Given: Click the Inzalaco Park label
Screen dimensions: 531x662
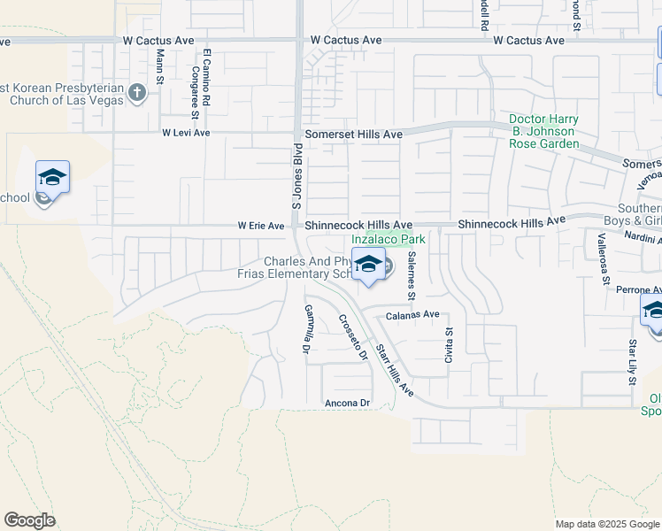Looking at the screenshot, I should [x=389, y=239].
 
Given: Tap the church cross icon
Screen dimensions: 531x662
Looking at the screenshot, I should [x=136, y=92].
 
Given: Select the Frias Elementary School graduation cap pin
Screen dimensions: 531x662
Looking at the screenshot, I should [x=368, y=264].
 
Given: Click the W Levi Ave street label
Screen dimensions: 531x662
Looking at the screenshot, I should [x=186, y=133].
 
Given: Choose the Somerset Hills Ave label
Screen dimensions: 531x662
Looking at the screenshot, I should [x=354, y=135].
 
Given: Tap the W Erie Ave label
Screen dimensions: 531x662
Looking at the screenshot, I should [x=260, y=227].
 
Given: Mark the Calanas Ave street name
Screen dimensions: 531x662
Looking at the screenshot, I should [x=412, y=314].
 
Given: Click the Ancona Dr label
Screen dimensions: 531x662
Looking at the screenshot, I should [x=345, y=403].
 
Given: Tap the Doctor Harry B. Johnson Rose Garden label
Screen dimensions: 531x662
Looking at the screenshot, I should [x=544, y=131].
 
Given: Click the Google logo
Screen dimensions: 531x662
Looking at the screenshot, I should [x=29, y=520].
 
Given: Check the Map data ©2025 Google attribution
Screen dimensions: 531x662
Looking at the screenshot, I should [x=606, y=524].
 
